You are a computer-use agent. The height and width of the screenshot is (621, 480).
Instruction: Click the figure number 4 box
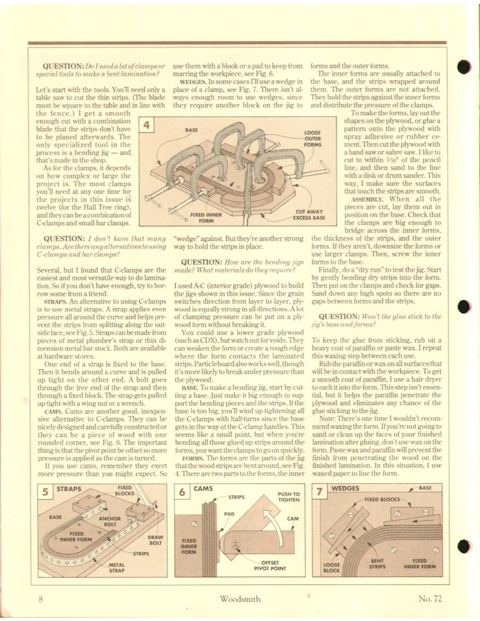pyautogui.click(x=147, y=125)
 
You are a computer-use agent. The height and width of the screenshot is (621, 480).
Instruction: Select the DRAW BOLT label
pyautogui.click(x=155, y=540)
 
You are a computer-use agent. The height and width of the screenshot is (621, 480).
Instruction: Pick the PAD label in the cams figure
pyautogui.click(x=229, y=515)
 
